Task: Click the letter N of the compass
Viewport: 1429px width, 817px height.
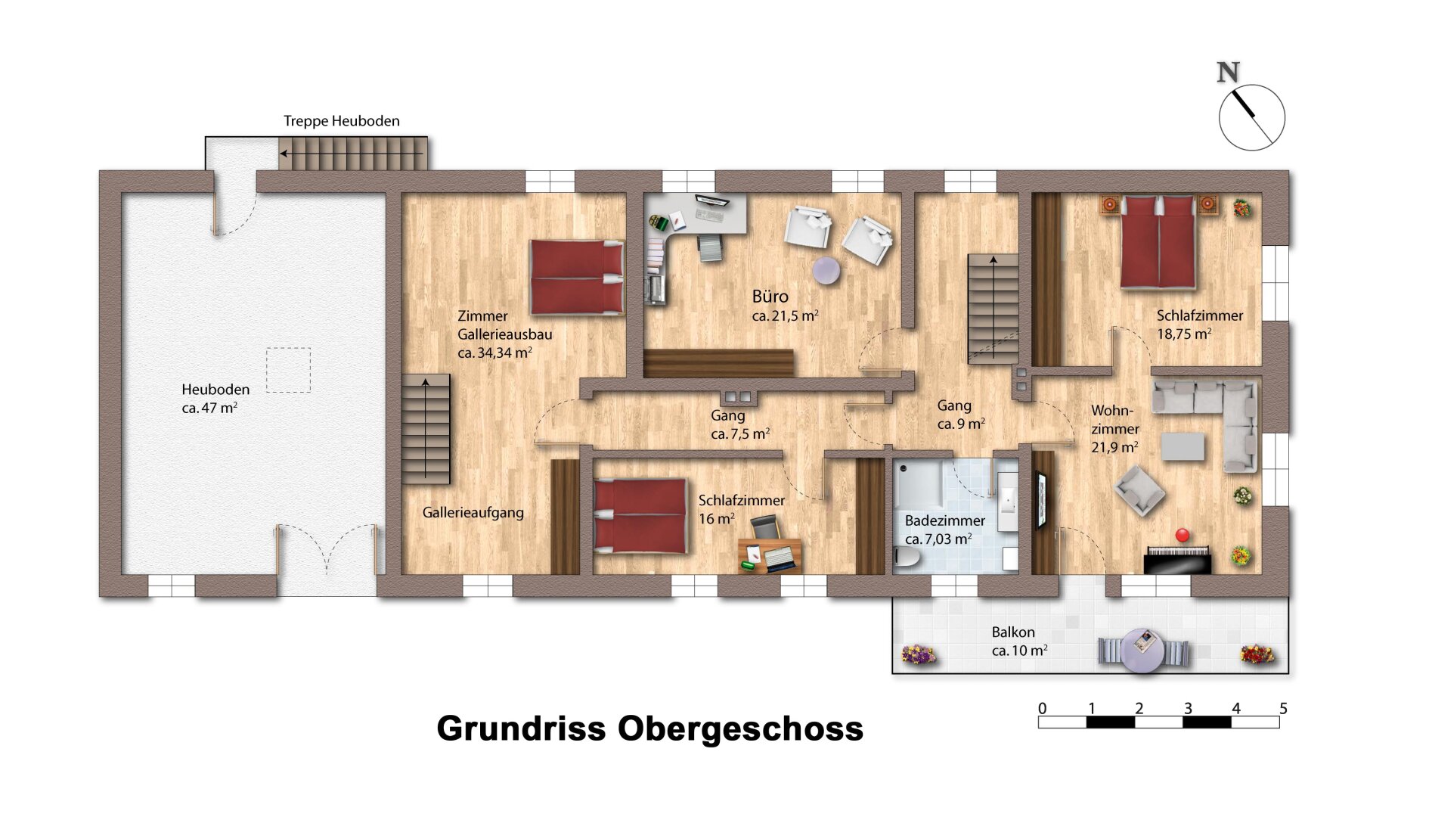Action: pyautogui.click(x=1228, y=73)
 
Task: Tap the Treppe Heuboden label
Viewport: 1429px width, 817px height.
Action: pyautogui.click(x=341, y=121)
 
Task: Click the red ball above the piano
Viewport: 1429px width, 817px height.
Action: pyautogui.click(x=1183, y=535)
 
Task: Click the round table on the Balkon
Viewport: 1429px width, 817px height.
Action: pyautogui.click(x=1142, y=650)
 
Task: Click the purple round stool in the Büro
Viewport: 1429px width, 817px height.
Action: pyautogui.click(x=826, y=270)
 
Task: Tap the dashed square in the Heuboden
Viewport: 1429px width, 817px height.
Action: pyautogui.click(x=288, y=370)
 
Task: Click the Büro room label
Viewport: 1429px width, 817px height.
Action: pyautogui.click(x=770, y=297)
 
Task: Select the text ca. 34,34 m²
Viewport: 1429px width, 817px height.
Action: pyautogui.click(x=494, y=353)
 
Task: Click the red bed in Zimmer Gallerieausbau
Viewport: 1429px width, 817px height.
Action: pyautogui.click(x=576, y=277)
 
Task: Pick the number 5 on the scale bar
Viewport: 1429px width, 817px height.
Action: pyautogui.click(x=1283, y=709)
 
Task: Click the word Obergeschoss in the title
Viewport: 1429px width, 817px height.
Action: pyautogui.click(x=740, y=728)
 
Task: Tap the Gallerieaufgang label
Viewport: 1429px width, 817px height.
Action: pyautogui.click(x=473, y=512)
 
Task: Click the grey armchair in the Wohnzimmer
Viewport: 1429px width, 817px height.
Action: pyautogui.click(x=1139, y=490)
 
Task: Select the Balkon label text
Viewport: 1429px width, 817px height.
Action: pyautogui.click(x=1013, y=632)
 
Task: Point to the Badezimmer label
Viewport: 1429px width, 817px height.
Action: pyautogui.click(x=944, y=520)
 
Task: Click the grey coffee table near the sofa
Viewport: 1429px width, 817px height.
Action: pyautogui.click(x=1183, y=446)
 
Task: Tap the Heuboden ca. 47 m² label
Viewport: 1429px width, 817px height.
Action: pyautogui.click(x=214, y=399)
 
